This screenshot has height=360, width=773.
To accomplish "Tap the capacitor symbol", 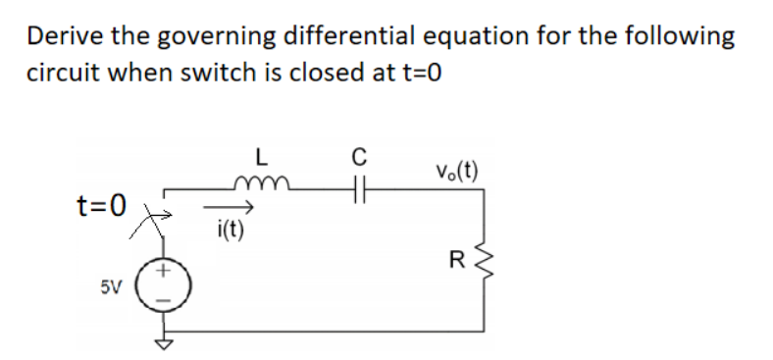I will (357, 186).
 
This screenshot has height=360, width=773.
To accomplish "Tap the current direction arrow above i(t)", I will (231, 208).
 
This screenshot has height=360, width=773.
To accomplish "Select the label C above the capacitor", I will (358, 155).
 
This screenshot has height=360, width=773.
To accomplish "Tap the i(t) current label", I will (230, 231).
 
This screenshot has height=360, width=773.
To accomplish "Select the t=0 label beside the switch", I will (102, 205).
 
